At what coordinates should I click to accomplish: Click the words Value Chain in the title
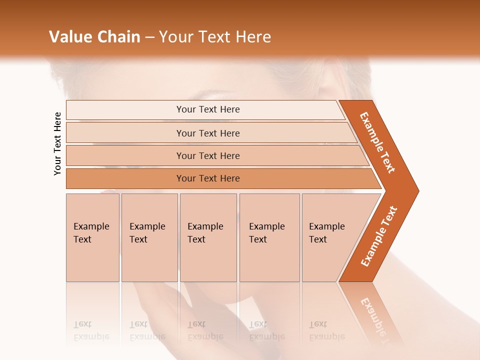point(94,37)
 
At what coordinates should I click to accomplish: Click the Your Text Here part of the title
point(215,37)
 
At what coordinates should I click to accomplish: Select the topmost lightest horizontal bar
point(207,109)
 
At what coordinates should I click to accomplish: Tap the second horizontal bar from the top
point(207,133)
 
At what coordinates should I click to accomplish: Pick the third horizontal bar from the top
point(207,155)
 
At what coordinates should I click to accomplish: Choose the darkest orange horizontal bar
point(207,178)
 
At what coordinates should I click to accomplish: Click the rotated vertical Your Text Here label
point(57,144)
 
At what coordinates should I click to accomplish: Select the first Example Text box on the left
point(92,237)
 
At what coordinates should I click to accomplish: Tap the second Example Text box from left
point(149,237)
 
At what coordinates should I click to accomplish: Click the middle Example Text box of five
point(207,237)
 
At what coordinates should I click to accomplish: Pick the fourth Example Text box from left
point(269,237)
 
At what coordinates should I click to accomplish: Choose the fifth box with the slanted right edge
point(330,237)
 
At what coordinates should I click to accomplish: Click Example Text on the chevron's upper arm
point(377,142)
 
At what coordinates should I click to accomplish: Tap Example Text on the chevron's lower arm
point(379,236)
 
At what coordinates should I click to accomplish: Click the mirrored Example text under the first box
point(91,331)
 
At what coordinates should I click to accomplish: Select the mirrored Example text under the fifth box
point(326,331)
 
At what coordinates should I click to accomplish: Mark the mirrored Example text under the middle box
point(205,331)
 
